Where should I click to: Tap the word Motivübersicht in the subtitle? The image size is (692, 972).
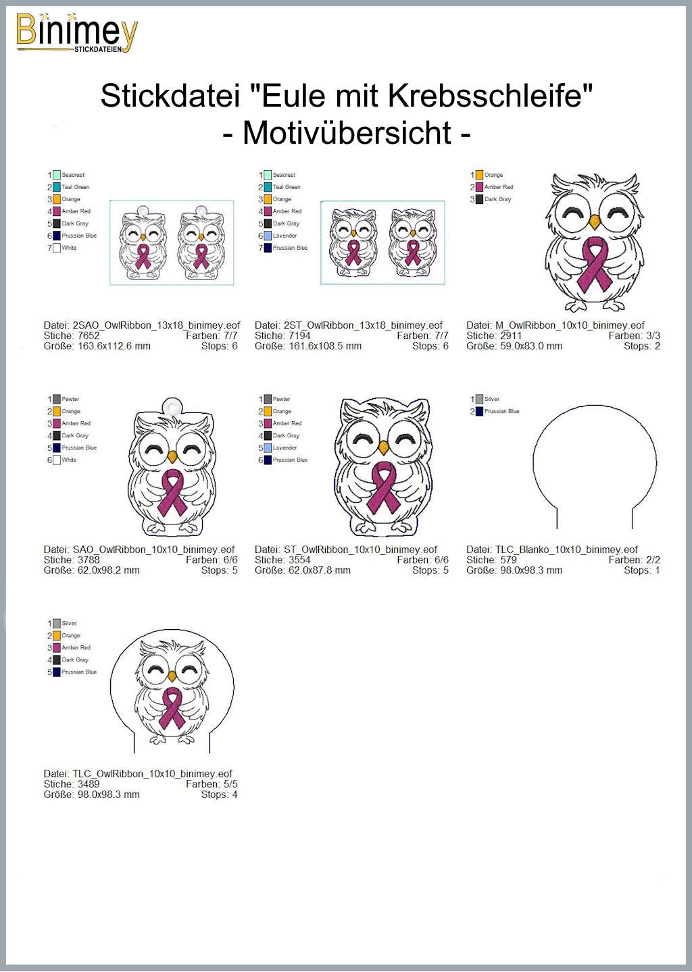tap(347, 133)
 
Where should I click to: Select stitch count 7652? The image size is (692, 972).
tap(89, 335)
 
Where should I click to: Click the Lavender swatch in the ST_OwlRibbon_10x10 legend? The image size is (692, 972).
tap(268, 448)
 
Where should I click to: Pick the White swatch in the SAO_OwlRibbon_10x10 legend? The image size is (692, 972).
tap(57, 460)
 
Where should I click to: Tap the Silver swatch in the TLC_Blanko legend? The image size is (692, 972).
tap(479, 399)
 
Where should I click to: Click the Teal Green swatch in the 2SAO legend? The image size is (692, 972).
tap(57, 187)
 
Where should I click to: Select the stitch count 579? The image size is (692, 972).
tap(509, 560)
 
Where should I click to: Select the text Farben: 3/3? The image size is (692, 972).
tap(635, 335)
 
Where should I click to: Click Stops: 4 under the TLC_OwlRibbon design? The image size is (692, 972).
tap(220, 794)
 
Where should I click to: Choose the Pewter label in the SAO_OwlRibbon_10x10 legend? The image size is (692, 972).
tap(70, 399)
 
